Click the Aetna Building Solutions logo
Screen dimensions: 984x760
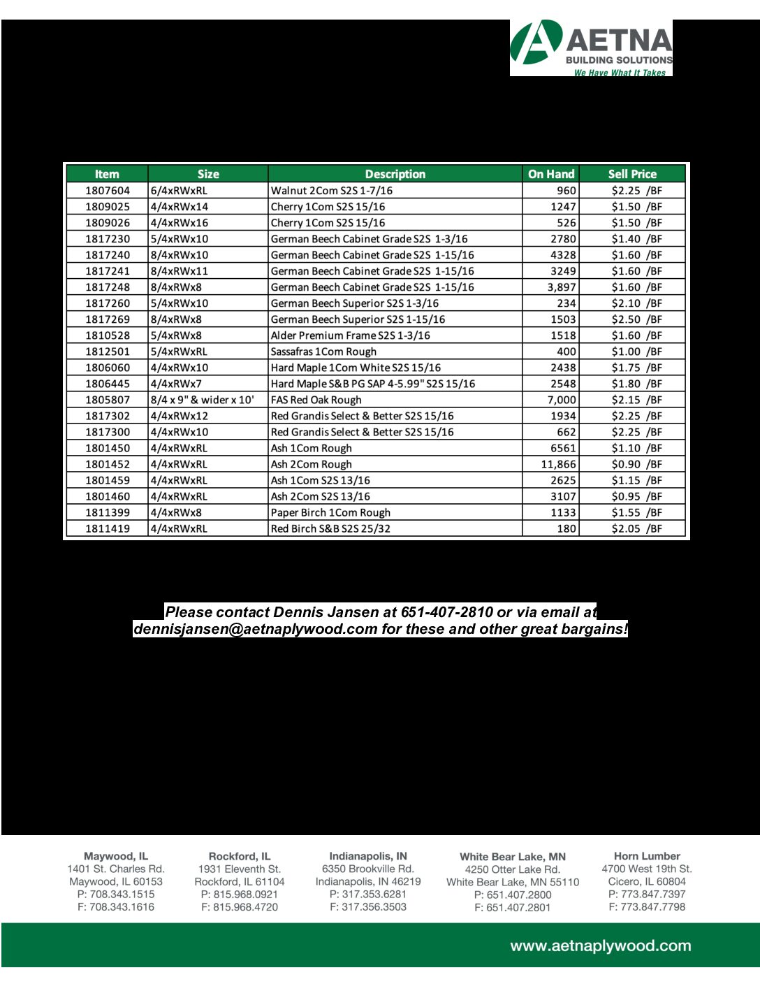pyautogui.click(x=591, y=48)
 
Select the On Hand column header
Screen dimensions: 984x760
pyautogui.click(x=551, y=174)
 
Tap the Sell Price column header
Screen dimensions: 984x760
pyautogui.click(x=632, y=174)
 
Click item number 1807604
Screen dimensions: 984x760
pyautogui.click(x=108, y=191)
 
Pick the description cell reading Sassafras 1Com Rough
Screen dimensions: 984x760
pyautogui.click(x=323, y=352)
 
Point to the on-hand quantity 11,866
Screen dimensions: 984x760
pyautogui.click(x=558, y=464)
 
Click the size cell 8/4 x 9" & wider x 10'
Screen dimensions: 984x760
pyautogui.click(x=203, y=400)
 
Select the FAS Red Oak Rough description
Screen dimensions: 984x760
pyautogui.click(x=316, y=400)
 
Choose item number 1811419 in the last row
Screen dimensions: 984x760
pyautogui.click(x=108, y=528)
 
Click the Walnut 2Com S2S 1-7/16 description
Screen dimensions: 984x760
pyautogui.click(x=332, y=191)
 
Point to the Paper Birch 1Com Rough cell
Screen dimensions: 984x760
pyautogui.click(x=330, y=512)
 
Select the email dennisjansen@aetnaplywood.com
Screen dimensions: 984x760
pyautogui.click(x=255, y=629)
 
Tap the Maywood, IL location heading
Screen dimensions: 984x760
pyautogui.click(x=116, y=856)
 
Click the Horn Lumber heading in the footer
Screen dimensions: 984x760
pyautogui.click(x=647, y=856)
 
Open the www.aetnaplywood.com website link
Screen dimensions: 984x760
pyautogui.click(x=601, y=946)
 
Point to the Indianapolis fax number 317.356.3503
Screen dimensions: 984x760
pyautogui.click(x=368, y=907)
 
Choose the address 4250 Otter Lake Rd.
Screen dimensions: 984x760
pyautogui.click(x=513, y=869)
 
